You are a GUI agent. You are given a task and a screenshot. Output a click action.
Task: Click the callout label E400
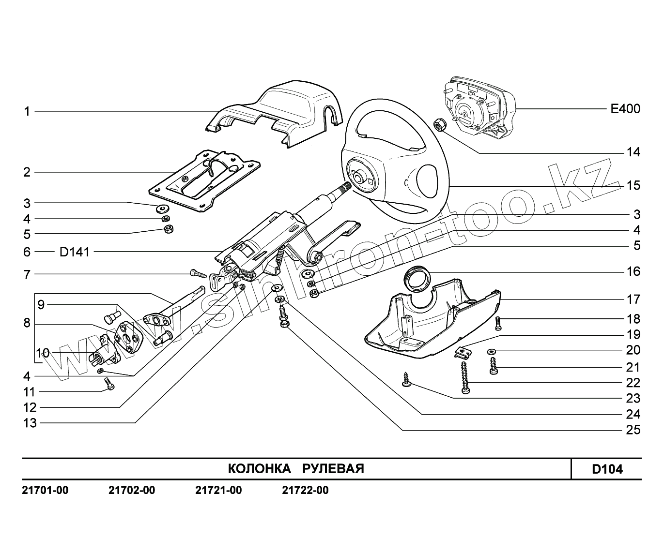(x=625, y=109)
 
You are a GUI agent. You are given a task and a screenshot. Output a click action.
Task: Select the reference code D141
(x=74, y=252)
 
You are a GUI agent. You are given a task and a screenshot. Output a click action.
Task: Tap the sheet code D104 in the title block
(x=607, y=469)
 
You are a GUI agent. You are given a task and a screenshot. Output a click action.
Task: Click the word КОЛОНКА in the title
(x=259, y=469)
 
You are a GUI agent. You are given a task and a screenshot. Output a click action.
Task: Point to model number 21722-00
(x=305, y=491)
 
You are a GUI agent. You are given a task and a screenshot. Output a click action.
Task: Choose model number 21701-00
(x=45, y=491)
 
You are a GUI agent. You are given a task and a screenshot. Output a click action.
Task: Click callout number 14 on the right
(x=633, y=152)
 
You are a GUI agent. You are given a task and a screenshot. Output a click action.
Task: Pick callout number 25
(x=633, y=430)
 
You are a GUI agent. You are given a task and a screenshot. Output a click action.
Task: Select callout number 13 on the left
(x=30, y=423)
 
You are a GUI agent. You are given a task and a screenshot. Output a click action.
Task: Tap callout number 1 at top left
(x=27, y=112)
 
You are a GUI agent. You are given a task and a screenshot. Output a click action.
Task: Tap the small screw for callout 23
(x=406, y=379)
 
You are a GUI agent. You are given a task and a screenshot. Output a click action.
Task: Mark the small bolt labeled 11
(x=109, y=385)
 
